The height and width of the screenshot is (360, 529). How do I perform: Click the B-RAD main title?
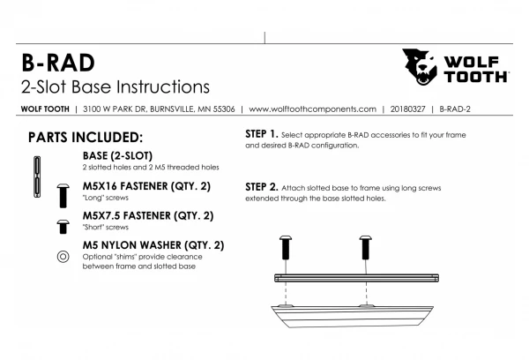[58, 63]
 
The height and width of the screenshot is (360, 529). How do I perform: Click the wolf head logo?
[420, 66]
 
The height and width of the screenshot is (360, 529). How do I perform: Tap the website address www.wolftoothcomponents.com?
[312, 109]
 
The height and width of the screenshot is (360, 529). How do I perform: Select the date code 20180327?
[407, 109]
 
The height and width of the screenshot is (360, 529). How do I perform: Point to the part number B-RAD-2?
[455, 109]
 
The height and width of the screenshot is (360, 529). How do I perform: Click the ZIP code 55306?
[224, 109]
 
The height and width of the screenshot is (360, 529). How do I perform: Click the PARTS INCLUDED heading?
[86, 138]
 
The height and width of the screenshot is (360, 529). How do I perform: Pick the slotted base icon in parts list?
[37, 176]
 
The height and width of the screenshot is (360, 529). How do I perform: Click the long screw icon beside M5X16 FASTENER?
[63, 196]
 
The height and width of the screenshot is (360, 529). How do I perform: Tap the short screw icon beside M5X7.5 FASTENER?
[63, 227]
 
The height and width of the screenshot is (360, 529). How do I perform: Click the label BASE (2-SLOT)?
[117, 155]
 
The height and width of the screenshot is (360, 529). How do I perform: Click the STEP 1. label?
[262, 134]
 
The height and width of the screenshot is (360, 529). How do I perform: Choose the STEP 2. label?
[262, 187]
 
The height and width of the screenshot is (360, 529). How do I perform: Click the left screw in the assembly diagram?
[286, 248]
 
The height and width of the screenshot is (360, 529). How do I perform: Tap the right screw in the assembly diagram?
[366, 248]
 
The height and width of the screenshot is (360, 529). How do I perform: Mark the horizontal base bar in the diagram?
[356, 278]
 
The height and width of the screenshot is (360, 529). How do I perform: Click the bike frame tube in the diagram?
[352, 316]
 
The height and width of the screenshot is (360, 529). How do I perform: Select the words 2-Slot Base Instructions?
[115, 86]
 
